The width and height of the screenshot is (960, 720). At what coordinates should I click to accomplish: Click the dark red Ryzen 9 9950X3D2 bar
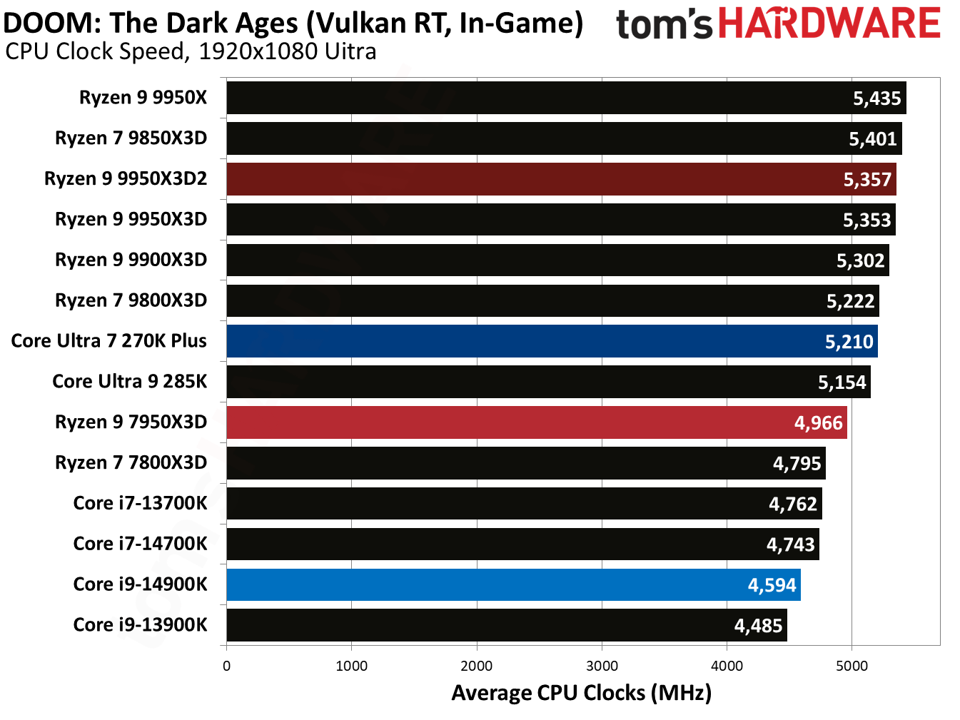click(561, 179)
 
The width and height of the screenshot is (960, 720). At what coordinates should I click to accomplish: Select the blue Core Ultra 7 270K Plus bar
click(552, 341)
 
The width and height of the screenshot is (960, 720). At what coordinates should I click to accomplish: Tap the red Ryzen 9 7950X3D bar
click(536, 422)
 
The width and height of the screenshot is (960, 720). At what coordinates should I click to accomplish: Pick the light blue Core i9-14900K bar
click(513, 584)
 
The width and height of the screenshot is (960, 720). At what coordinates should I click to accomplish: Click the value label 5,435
click(876, 98)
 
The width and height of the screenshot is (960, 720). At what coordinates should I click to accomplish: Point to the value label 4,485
click(758, 626)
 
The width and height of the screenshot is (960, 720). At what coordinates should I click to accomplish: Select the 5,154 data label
click(842, 382)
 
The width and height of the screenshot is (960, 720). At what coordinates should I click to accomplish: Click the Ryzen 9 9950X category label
click(143, 98)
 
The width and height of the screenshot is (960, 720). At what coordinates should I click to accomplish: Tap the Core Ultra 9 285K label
click(129, 382)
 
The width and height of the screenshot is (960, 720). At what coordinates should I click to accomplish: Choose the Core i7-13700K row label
click(140, 503)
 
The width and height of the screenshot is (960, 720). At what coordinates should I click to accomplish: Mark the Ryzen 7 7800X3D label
click(131, 462)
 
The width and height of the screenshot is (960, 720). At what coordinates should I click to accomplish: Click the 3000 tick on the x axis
click(602, 666)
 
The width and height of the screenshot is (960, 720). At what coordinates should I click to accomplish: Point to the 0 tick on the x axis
click(227, 666)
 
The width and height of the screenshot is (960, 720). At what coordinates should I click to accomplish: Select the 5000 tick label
click(852, 666)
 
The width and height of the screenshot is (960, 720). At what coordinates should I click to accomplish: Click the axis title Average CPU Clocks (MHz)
click(581, 693)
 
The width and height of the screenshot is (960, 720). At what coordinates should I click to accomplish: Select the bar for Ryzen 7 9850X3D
click(564, 138)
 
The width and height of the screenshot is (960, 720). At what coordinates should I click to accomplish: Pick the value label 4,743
click(790, 544)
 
